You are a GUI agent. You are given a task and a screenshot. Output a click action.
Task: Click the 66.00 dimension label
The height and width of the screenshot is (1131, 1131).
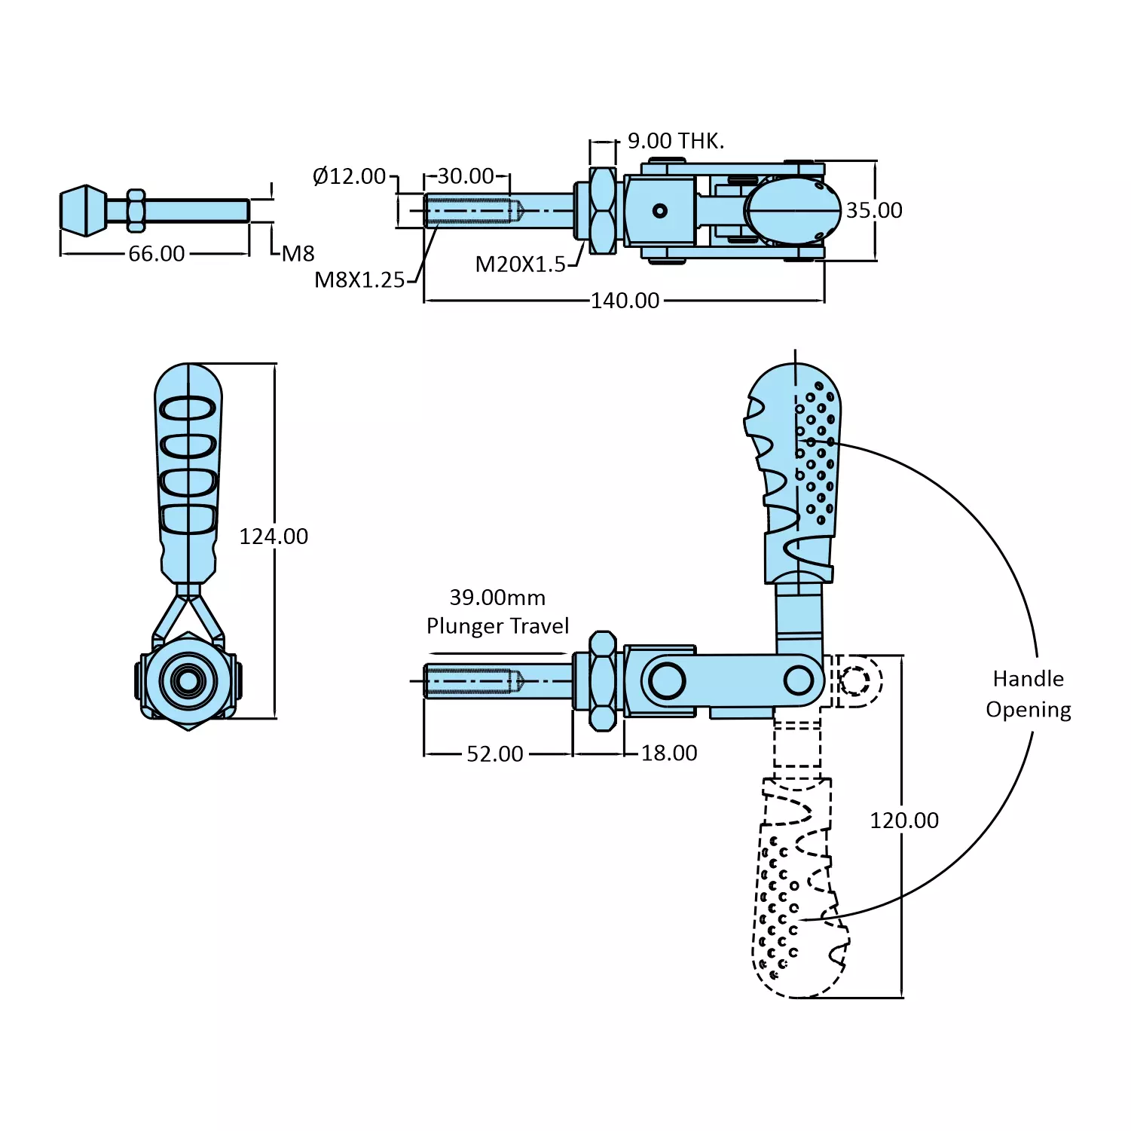[156, 254]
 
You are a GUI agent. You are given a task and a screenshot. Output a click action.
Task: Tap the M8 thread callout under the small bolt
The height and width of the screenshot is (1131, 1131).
[298, 254]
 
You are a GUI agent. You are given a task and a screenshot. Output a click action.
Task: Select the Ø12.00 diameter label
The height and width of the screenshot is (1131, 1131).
[349, 176]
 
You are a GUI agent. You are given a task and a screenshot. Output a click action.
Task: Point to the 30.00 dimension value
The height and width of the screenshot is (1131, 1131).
[466, 176]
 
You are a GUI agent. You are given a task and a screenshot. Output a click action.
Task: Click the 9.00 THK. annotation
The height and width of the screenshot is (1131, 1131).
[675, 141]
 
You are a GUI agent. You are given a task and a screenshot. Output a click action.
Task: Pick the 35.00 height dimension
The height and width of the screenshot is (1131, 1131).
[874, 210]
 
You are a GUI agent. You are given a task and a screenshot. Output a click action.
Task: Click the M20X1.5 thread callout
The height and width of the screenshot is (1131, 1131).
[520, 264]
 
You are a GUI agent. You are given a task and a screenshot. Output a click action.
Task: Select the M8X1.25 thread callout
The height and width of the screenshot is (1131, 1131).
[359, 280]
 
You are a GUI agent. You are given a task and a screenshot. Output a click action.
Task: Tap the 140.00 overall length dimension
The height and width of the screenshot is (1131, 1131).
[625, 301]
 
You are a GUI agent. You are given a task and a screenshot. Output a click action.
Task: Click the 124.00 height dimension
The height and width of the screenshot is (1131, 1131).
[274, 536]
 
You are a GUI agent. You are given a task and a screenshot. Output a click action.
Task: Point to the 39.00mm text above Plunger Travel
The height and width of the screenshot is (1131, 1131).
[497, 598]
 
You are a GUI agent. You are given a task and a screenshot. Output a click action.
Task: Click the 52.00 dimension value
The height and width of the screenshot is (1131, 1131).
[494, 753]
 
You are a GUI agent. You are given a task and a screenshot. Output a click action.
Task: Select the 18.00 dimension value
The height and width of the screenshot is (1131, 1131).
[669, 753]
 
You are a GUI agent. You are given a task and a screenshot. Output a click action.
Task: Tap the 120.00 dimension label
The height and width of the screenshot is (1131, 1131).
[904, 821]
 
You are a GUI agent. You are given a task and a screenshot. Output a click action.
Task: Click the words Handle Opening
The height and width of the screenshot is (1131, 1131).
[1029, 694]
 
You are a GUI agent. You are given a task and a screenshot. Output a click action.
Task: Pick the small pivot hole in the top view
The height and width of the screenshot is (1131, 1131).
[660, 211]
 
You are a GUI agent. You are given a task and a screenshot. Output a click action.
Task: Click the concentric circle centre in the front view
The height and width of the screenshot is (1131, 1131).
[188, 681]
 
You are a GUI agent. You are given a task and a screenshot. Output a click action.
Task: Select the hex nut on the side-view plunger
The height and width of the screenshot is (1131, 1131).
[602, 681]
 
